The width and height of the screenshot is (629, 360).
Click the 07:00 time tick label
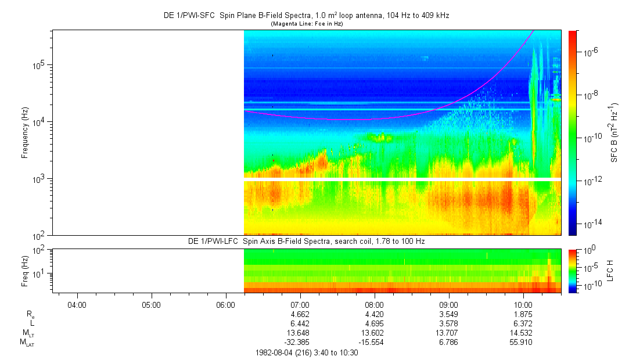pyautogui.click(x=300, y=304)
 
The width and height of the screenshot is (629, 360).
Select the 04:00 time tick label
pyautogui.click(x=77, y=304)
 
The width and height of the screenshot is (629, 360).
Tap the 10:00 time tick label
pyautogui.click(x=523, y=304)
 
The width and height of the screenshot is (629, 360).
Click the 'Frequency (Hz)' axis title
pyautogui.click(x=25, y=132)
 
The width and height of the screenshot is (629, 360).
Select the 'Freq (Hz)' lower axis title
pyautogui.click(x=25, y=271)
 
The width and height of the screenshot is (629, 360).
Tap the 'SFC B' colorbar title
pyautogui.click(x=614, y=132)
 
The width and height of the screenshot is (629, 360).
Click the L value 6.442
pyautogui.click(x=300, y=323)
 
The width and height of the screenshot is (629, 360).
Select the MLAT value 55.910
pyautogui.click(x=523, y=343)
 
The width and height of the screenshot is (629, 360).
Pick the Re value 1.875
pyautogui.click(x=523, y=314)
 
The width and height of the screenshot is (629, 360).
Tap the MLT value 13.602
pyautogui.click(x=374, y=333)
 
